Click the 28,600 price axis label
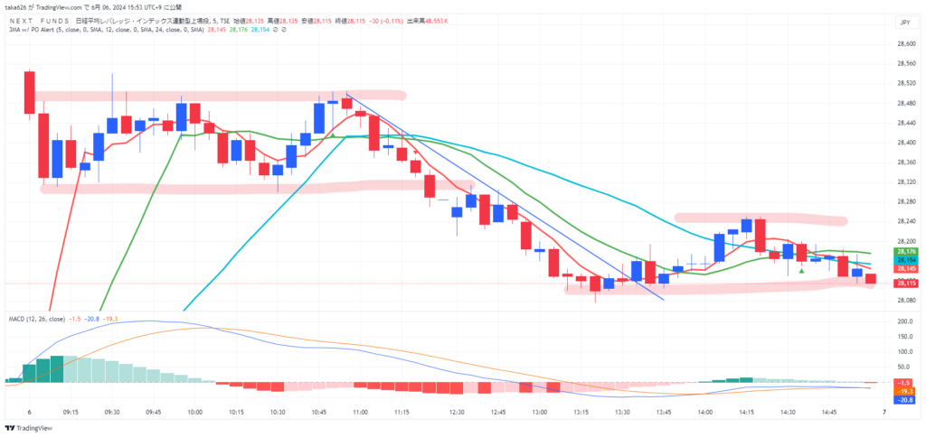coord(906,43)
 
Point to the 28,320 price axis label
coord(906,181)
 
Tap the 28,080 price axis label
coord(906,300)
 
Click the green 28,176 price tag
coord(907,252)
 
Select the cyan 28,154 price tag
coord(907,260)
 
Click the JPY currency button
coord(904,20)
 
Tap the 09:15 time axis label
coord(71,411)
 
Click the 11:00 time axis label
coord(360,411)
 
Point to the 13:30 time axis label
coord(622,411)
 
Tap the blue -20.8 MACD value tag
coord(907,399)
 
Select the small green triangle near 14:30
coord(801,271)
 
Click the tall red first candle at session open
coord(30,91)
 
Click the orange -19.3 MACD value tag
coord(907,390)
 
